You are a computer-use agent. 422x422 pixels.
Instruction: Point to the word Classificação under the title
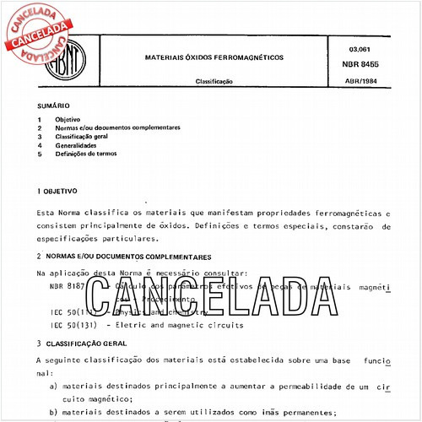click(214, 82)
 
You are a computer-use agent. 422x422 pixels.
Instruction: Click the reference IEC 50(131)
click(73, 324)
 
